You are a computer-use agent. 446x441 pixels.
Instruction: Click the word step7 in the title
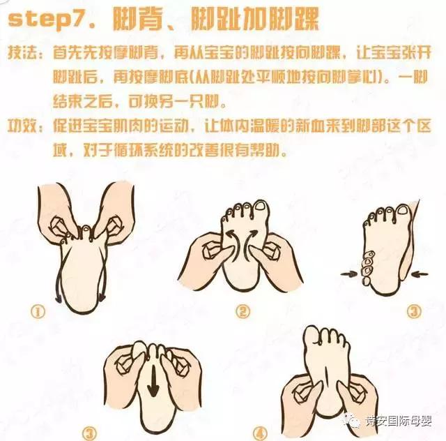point(53,20)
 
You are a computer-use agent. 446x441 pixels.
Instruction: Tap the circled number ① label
point(37,308)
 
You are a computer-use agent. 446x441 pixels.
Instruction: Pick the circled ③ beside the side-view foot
point(414,311)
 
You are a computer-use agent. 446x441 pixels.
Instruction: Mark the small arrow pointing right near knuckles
point(346,274)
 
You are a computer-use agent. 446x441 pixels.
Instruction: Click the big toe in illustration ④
point(312,336)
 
